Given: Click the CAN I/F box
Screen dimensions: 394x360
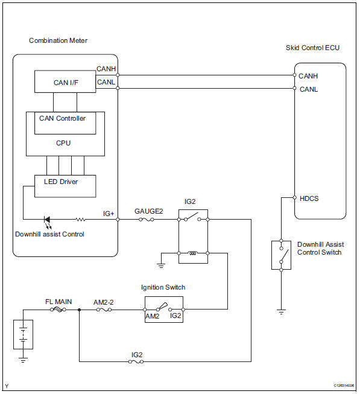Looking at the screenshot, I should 65,82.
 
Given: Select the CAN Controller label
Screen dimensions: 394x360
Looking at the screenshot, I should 62,118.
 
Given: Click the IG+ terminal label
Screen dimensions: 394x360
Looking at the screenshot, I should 109,213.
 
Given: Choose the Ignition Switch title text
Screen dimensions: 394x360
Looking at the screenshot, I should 163,287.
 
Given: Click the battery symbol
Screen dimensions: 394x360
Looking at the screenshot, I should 23,335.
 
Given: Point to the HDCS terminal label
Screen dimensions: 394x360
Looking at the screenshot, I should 308,197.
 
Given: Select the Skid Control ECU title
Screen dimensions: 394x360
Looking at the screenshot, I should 312,48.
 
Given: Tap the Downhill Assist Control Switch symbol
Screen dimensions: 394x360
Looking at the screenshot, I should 281,254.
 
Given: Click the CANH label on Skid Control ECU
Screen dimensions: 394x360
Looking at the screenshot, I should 308,76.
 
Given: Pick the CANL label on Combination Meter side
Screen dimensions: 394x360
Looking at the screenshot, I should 106,82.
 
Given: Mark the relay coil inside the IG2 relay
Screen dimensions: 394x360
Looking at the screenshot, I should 193,254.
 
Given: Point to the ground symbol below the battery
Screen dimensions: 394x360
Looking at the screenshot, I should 23,360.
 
